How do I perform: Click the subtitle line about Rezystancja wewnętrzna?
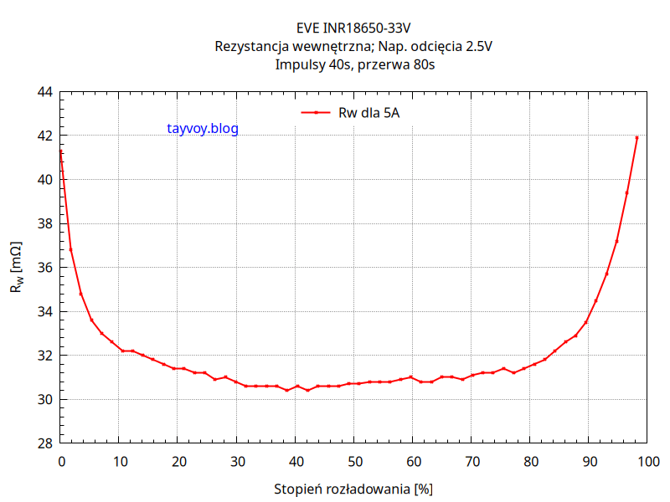click(x=353, y=47)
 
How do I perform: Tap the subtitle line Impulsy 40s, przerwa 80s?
click(x=353, y=64)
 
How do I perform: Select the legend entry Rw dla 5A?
click(x=368, y=111)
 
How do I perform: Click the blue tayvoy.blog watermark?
click(x=203, y=129)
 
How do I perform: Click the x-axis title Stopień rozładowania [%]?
click(x=353, y=488)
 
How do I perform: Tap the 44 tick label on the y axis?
click(x=45, y=91)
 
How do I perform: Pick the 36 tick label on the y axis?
click(x=45, y=268)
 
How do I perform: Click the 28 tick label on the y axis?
click(x=45, y=443)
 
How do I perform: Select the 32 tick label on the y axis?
click(x=45, y=356)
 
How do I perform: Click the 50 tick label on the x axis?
click(x=353, y=460)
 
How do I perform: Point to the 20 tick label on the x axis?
click(x=178, y=460)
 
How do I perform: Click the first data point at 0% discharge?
click(x=60, y=151)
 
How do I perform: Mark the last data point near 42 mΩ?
click(x=636, y=138)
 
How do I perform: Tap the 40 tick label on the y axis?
click(x=45, y=179)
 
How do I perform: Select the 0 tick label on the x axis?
click(x=60, y=460)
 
